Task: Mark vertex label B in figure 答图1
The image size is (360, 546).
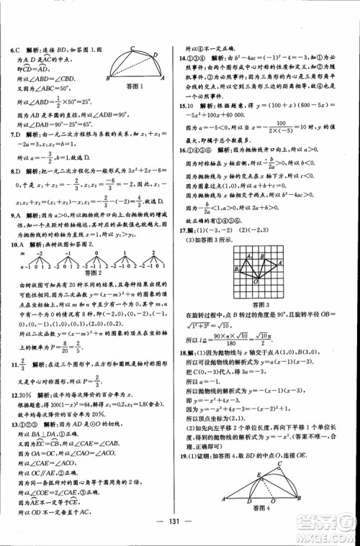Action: pyautogui.click(x=107, y=77)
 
